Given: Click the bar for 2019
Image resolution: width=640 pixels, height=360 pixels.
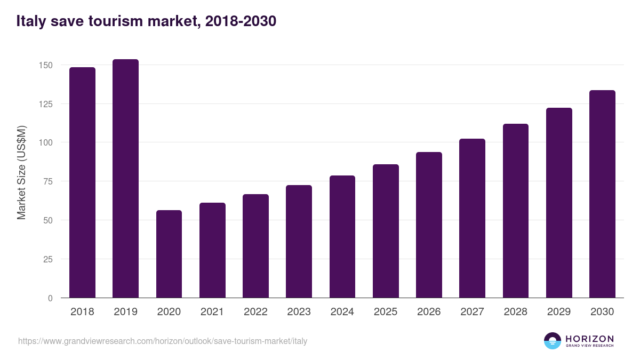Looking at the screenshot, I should tap(125, 179).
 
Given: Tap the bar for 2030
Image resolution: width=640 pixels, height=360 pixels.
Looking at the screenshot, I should tap(602, 194).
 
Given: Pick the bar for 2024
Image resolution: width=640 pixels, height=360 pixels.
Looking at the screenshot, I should tap(342, 237).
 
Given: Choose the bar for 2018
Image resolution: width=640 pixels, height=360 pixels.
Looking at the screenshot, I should tap(82, 182).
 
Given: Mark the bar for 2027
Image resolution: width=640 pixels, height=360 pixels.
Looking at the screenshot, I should tap(472, 218).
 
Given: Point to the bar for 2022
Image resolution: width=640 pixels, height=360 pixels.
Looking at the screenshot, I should tap(255, 246).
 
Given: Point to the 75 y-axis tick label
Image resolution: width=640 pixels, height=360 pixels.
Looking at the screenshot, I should tap(48, 181).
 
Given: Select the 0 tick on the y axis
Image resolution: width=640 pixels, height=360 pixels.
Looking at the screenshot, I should tap(51, 298).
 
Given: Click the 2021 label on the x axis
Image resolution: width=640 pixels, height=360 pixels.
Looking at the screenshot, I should tap(212, 312).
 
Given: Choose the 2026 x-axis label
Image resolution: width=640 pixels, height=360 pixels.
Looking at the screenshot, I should tap(429, 312).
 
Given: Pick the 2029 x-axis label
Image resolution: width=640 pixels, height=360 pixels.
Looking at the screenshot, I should tap(559, 312).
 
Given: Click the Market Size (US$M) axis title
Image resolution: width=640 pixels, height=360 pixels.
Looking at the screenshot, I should tap(21, 172).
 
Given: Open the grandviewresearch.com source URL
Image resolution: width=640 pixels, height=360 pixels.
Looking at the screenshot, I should tap(163, 341).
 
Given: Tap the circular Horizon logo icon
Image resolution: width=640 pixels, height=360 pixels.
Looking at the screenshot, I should tap(553, 341).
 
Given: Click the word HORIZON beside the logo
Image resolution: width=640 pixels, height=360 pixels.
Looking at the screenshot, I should tap(589, 339).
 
